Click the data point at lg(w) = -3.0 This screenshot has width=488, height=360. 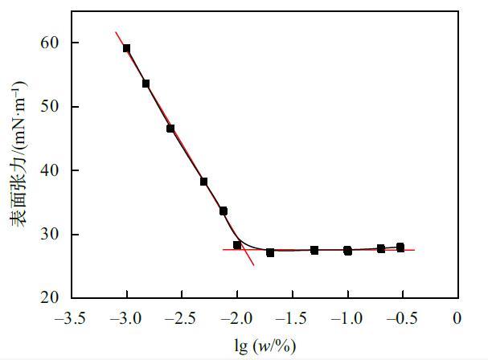point(127,48)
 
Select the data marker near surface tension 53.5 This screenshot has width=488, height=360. point(146,84)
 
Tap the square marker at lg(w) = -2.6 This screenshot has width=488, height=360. point(170,129)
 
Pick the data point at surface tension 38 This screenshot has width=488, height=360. point(204,182)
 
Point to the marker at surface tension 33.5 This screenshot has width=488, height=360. point(223,211)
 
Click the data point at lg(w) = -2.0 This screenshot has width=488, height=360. point(237,245)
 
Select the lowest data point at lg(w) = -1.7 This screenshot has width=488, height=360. point(270,252)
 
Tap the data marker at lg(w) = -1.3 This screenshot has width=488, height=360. point(314,250)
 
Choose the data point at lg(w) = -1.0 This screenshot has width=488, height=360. point(347,251)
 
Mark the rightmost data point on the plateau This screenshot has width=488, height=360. point(400,247)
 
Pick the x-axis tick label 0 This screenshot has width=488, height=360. point(457,318)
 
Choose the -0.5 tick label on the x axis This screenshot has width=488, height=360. point(402,318)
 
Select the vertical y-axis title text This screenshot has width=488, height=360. point(17,170)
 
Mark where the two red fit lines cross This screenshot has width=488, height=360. point(247,250)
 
